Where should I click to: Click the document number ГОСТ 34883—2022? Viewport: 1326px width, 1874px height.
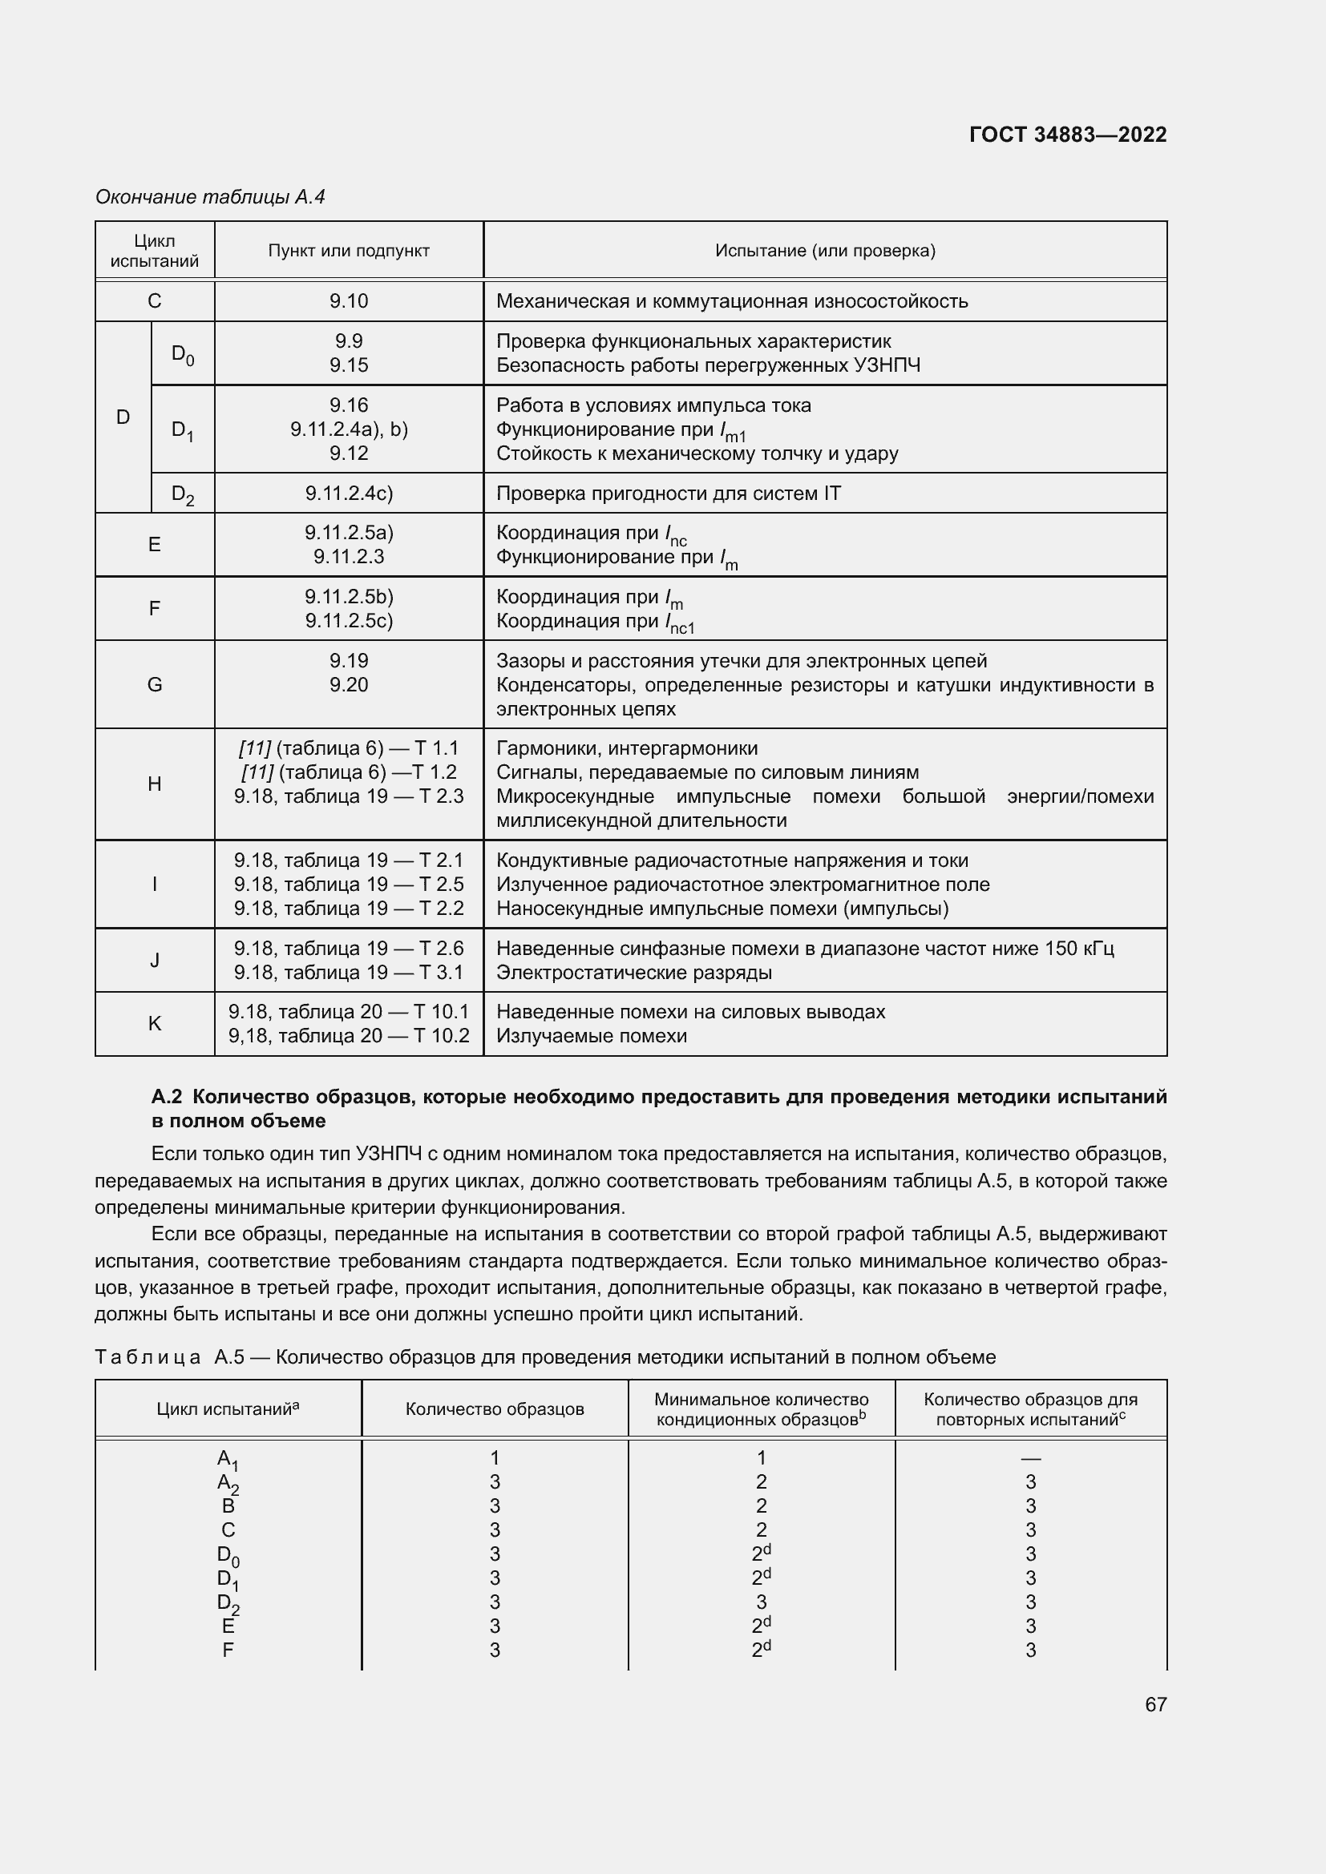pos(1067,135)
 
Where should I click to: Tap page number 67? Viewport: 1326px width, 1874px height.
pos(1155,1704)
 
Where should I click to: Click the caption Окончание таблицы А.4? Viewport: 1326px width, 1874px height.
pos(210,197)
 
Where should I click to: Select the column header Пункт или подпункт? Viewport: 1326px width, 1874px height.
pos(349,251)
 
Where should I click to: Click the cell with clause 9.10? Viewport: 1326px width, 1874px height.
pos(349,301)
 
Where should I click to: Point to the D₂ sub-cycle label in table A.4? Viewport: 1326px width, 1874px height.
pos(183,494)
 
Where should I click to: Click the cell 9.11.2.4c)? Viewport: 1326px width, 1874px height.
pos(349,493)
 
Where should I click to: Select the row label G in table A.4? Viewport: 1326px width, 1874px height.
pos(154,685)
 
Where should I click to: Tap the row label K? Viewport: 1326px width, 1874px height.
pos(154,1023)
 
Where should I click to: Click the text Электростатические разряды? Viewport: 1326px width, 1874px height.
pos(633,972)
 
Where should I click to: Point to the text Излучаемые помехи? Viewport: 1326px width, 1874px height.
pos(591,1036)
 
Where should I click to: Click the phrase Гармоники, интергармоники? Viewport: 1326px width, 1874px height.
pos(626,748)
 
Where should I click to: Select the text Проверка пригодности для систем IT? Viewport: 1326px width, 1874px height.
pos(668,493)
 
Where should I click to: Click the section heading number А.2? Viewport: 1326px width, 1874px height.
pos(167,1096)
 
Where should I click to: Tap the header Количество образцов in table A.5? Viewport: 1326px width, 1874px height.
pos(495,1409)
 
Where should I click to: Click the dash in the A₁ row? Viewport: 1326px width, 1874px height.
pos(1030,1457)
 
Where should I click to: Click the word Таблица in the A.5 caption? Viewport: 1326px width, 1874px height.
pos(148,1357)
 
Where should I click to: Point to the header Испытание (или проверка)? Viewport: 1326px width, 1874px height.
pos(825,251)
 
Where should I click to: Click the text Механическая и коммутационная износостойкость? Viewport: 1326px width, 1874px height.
pos(732,301)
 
